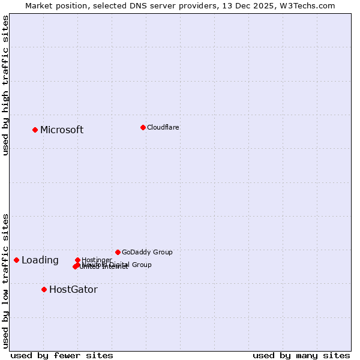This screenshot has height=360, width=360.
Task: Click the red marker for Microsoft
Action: tap(35, 130)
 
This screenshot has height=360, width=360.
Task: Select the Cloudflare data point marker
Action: tap(143, 127)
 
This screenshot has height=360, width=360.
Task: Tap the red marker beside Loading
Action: tap(16, 260)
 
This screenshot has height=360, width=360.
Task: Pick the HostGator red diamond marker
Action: tap(44, 289)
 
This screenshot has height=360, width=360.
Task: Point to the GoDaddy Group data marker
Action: tap(118, 252)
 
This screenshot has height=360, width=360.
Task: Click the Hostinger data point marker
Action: tap(77, 260)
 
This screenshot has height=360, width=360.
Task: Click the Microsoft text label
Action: tap(62, 130)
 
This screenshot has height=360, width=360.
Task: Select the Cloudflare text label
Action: tap(163, 127)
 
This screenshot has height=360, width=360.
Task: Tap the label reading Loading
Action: tap(40, 260)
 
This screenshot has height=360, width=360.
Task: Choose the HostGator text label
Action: tap(73, 290)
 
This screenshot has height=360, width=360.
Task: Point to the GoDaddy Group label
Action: tap(147, 253)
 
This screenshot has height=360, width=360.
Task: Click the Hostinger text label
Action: tap(97, 260)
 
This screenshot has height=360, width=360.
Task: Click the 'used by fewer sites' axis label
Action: tap(62, 355)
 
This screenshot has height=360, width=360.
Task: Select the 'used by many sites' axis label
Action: tap(301, 355)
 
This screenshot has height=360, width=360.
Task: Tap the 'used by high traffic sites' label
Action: tap(6, 85)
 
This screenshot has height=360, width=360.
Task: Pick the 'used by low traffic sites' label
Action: tap(6, 281)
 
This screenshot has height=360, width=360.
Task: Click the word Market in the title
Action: tap(39, 5)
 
